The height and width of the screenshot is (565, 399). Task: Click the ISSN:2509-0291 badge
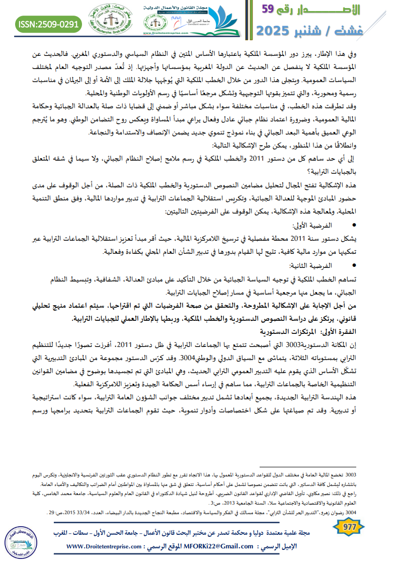[49, 23]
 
